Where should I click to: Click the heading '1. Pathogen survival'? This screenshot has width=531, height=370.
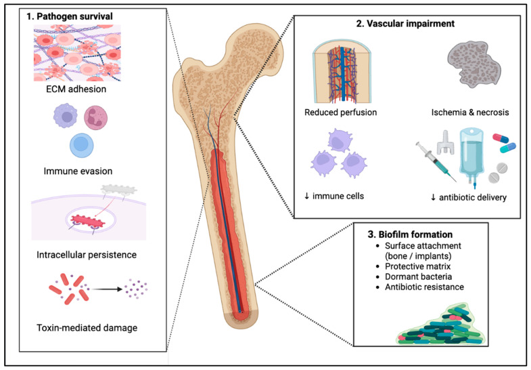(70, 16)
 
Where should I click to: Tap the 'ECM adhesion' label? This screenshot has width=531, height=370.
(76, 89)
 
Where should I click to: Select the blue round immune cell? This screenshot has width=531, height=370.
(82, 145)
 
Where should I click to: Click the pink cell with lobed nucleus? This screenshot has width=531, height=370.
(95, 117)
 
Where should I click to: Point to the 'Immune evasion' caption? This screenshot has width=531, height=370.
(78, 171)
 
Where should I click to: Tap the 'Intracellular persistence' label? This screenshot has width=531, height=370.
(87, 255)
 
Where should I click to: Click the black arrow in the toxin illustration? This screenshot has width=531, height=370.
(107, 289)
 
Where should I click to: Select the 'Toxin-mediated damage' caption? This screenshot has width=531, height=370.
(87, 328)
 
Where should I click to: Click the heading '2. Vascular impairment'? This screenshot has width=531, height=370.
(405, 24)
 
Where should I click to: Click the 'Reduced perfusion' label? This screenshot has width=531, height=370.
(341, 112)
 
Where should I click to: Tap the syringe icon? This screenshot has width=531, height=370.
(436, 161)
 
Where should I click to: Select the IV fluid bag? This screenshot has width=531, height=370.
(472, 157)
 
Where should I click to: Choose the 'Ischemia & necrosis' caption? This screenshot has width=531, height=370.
(470, 112)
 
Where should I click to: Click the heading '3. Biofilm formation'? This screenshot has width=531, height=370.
(410, 234)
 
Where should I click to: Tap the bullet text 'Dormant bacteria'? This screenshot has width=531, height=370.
(418, 276)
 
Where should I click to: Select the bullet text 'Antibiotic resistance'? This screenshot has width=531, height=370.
(424, 287)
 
